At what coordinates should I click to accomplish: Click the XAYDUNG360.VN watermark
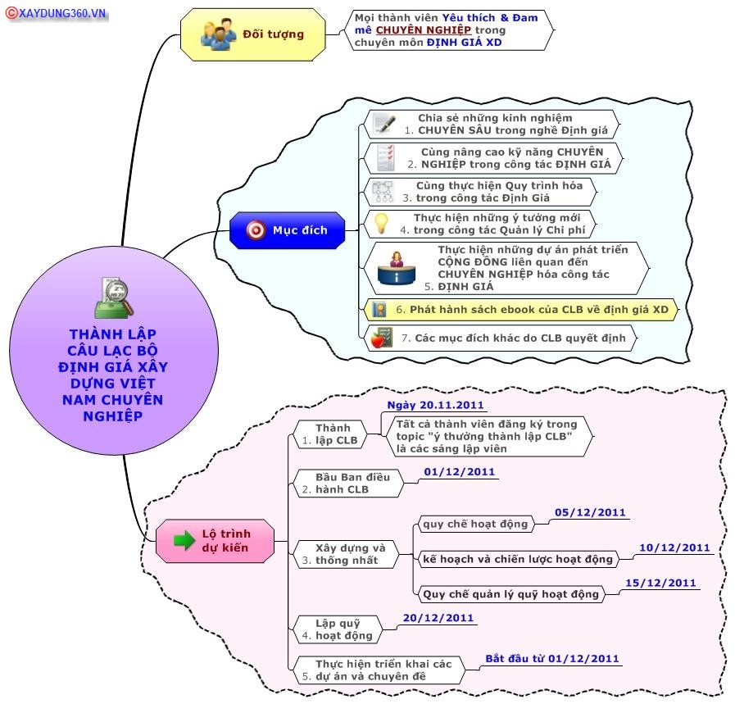[x=57, y=13]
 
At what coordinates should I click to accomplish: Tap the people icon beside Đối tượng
[x=218, y=34]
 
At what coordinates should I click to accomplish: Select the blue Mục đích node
[x=288, y=230]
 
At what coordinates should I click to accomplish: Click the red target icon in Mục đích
[x=256, y=230]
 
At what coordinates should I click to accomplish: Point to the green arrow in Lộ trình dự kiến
[x=184, y=540]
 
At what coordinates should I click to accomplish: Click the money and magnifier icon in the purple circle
[x=114, y=298]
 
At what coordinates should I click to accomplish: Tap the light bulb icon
[x=381, y=223]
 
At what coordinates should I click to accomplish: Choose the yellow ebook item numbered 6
[x=521, y=310]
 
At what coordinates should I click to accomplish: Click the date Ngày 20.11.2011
[x=435, y=406]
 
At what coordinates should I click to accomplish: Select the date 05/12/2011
[x=590, y=512]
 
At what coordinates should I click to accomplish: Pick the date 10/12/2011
[x=674, y=547]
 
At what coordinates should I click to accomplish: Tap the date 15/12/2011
[x=660, y=583]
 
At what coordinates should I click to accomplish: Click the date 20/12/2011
[x=438, y=618]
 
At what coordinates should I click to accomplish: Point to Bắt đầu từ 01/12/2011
[x=552, y=659]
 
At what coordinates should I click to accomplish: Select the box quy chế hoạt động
[x=475, y=524]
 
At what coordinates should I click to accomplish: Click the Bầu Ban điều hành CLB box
[x=347, y=484]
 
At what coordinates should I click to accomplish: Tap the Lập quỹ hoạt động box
[x=337, y=629]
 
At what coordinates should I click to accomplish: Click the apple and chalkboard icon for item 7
[x=382, y=338]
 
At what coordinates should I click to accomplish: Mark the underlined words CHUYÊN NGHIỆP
[x=424, y=30]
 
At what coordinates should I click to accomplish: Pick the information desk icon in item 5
[x=397, y=269]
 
